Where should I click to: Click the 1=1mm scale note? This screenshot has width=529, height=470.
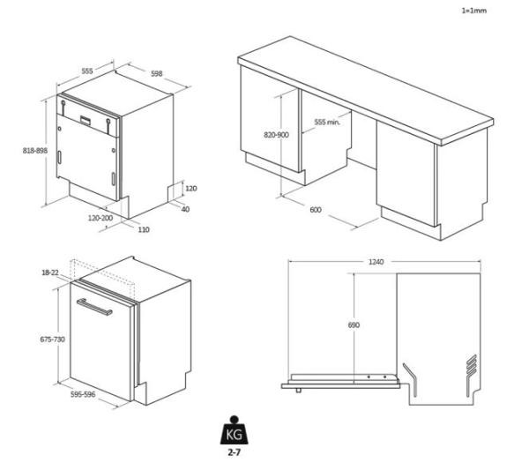click(474, 11)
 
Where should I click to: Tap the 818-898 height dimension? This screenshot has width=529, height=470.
click(35, 151)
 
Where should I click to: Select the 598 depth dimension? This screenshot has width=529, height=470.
click(157, 73)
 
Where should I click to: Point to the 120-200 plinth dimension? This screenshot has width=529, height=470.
click(101, 218)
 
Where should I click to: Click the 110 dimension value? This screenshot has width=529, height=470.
click(144, 229)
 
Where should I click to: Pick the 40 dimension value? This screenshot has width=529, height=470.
click(185, 209)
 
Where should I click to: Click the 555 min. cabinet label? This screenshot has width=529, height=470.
click(327, 123)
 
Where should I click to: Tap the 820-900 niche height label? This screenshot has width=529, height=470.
click(276, 135)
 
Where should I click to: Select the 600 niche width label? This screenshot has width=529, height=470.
click(316, 210)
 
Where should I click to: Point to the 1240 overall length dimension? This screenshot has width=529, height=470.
click(376, 262)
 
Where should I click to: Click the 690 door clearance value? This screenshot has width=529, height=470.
click(354, 325)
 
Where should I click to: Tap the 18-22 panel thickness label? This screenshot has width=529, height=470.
click(50, 272)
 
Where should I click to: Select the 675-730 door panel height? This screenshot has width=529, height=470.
click(52, 339)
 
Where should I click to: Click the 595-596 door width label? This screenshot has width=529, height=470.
click(83, 394)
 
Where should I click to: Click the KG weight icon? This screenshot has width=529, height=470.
click(234, 430)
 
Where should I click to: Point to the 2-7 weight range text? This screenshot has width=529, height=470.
click(235, 452)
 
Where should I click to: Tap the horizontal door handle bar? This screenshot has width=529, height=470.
click(95, 307)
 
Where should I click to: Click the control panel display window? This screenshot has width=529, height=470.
click(86, 120)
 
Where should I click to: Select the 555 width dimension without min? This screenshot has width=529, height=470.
click(87, 71)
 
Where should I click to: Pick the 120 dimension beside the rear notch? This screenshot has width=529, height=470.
click(191, 189)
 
